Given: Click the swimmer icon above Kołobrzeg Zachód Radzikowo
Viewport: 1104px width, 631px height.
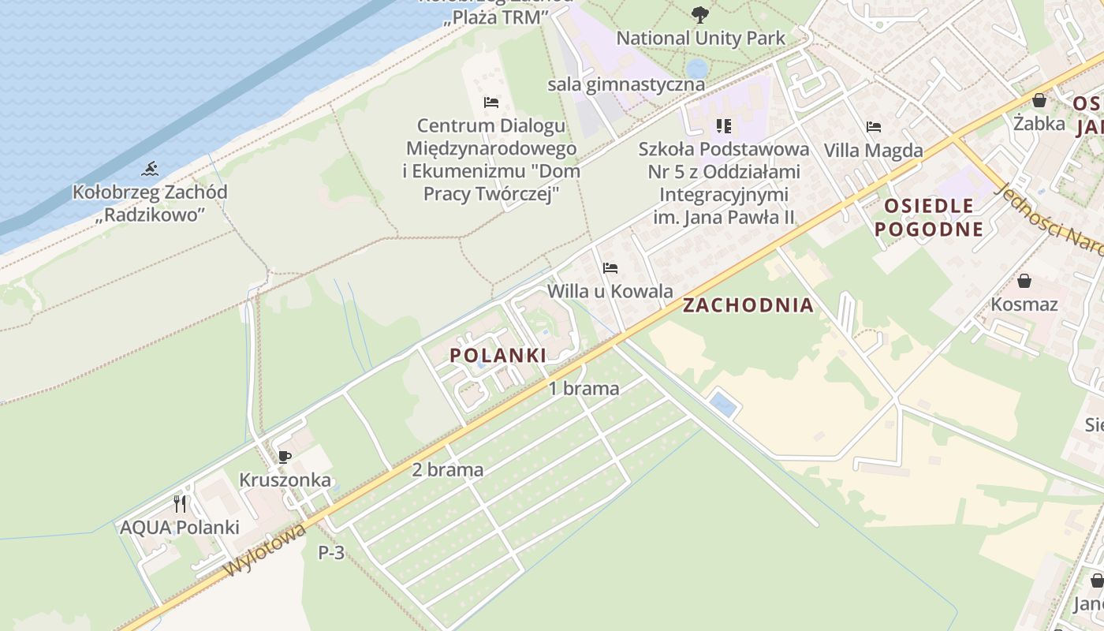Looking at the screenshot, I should (x=150, y=168).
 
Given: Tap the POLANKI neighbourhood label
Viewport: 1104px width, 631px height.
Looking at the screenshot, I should (x=498, y=356).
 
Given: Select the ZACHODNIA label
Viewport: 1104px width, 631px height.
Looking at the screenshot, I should (x=748, y=305).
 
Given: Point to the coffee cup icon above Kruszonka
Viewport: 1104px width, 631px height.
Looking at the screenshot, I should (x=285, y=457).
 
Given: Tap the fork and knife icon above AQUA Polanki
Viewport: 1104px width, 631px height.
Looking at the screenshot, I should (x=180, y=503).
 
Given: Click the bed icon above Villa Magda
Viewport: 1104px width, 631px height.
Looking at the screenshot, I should (x=873, y=126).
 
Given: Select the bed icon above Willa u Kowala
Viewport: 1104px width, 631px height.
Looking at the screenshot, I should (x=610, y=268).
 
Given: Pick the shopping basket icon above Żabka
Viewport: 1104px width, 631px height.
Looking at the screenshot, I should (x=1039, y=100).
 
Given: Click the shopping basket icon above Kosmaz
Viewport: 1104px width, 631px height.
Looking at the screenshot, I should (x=1024, y=280).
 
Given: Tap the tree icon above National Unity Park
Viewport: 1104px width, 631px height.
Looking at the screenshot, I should (x=699, y=14).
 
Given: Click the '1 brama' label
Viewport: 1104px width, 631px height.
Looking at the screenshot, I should (x=584, y=388).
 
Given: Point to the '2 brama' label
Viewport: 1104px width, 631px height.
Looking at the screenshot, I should (x=447, y=470).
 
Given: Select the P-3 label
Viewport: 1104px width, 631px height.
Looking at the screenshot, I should (x=331, y=553).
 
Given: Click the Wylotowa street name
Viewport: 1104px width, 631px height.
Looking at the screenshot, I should (x=265, y=551).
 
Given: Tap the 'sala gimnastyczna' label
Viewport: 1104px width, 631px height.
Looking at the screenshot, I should (x=626, y=84).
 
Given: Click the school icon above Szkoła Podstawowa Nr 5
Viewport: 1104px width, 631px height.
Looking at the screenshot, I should (x=723, y=126).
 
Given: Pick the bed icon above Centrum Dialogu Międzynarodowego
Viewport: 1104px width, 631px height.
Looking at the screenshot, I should (x=490, y=103).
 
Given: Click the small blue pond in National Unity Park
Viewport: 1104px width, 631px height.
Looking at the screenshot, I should (x=696, y=68).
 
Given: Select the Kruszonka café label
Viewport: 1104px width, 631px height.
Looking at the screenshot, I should (x=285, y=480).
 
